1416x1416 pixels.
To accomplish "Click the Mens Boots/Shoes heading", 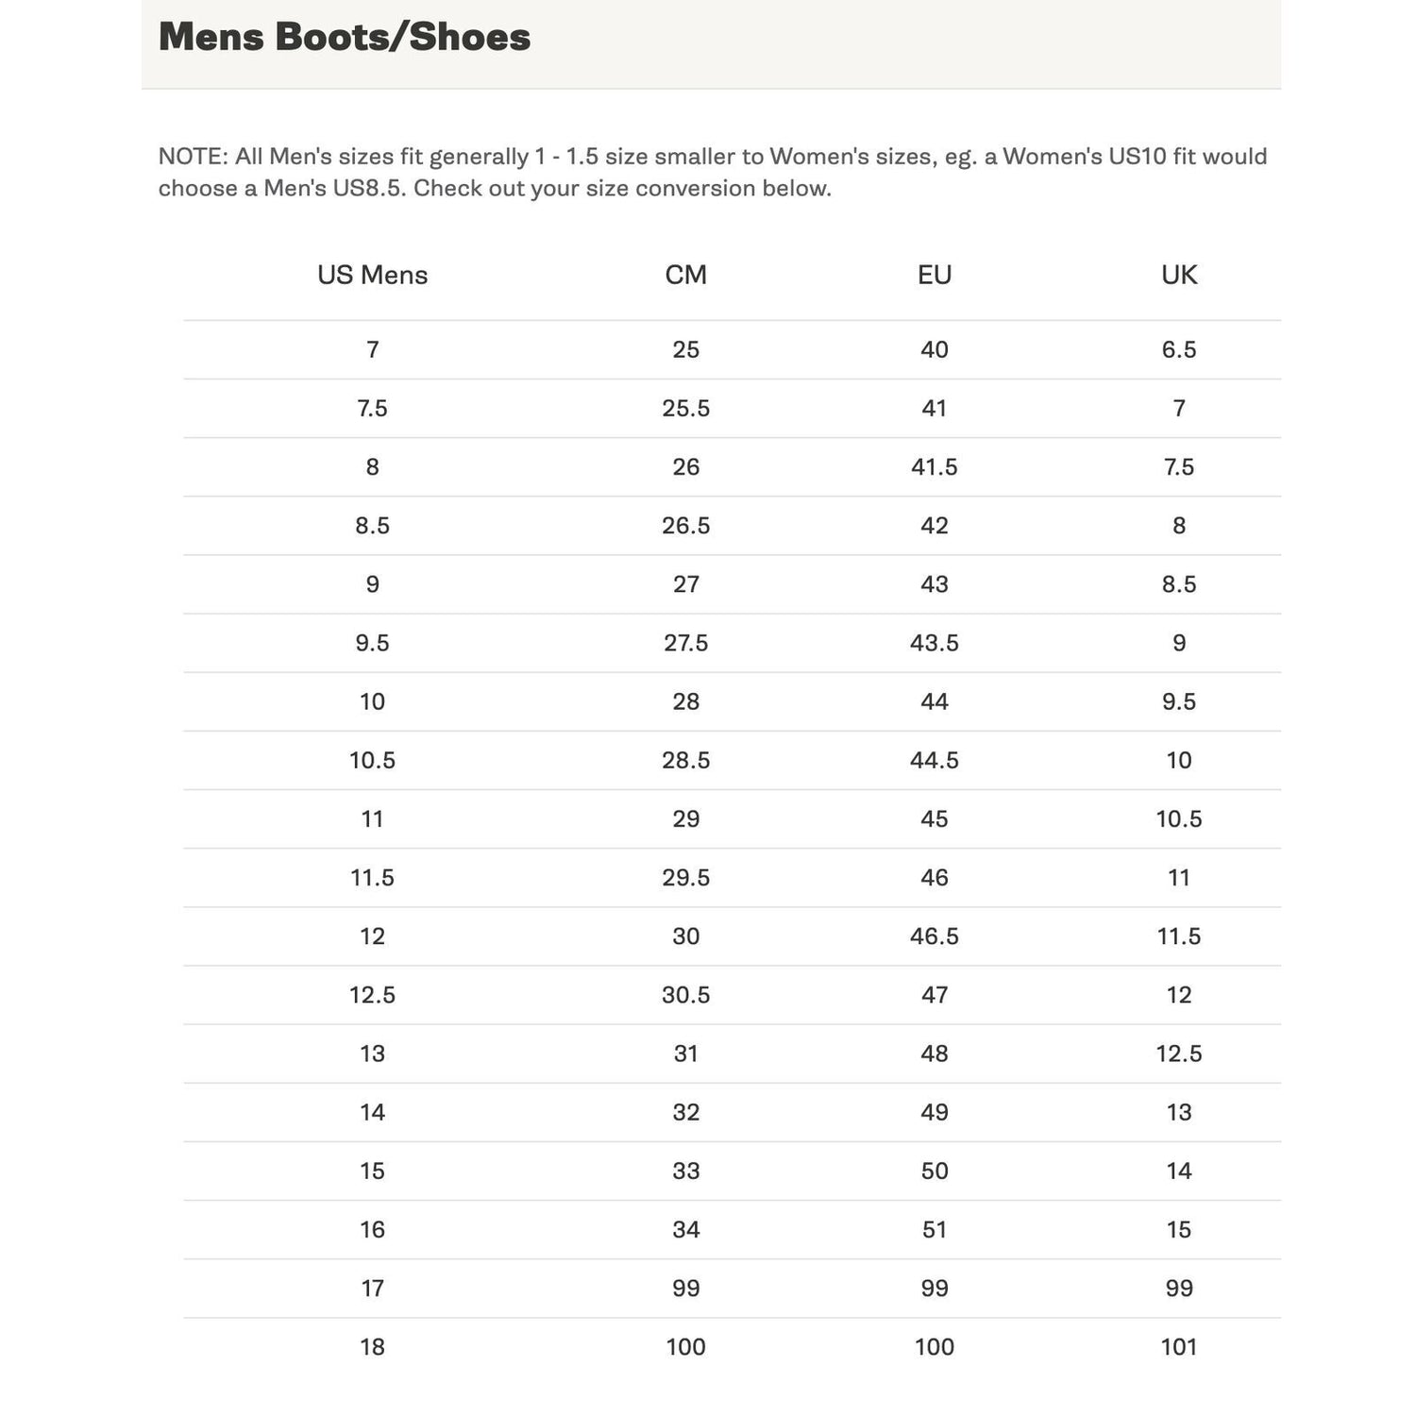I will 345,38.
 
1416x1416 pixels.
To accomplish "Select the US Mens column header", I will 372,275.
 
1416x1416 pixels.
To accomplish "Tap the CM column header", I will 685,275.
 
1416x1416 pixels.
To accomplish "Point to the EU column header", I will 934,275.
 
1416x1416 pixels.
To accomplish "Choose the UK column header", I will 1178,275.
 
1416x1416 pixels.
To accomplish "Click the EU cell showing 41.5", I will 934,467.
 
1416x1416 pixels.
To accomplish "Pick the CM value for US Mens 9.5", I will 685,643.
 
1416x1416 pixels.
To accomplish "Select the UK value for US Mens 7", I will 1178,350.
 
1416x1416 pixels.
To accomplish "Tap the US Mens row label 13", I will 372,1054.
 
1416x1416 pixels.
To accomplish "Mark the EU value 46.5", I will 934,936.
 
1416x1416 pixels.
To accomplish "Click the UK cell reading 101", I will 1178,1347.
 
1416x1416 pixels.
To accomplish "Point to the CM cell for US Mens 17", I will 685,1289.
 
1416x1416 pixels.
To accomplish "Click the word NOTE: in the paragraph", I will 193,157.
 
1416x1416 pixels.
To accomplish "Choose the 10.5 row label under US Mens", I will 372,761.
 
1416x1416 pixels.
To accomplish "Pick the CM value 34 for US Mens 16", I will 685,1230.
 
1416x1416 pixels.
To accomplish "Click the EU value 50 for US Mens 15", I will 934,1172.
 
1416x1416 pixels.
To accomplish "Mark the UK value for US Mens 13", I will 1178,1054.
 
